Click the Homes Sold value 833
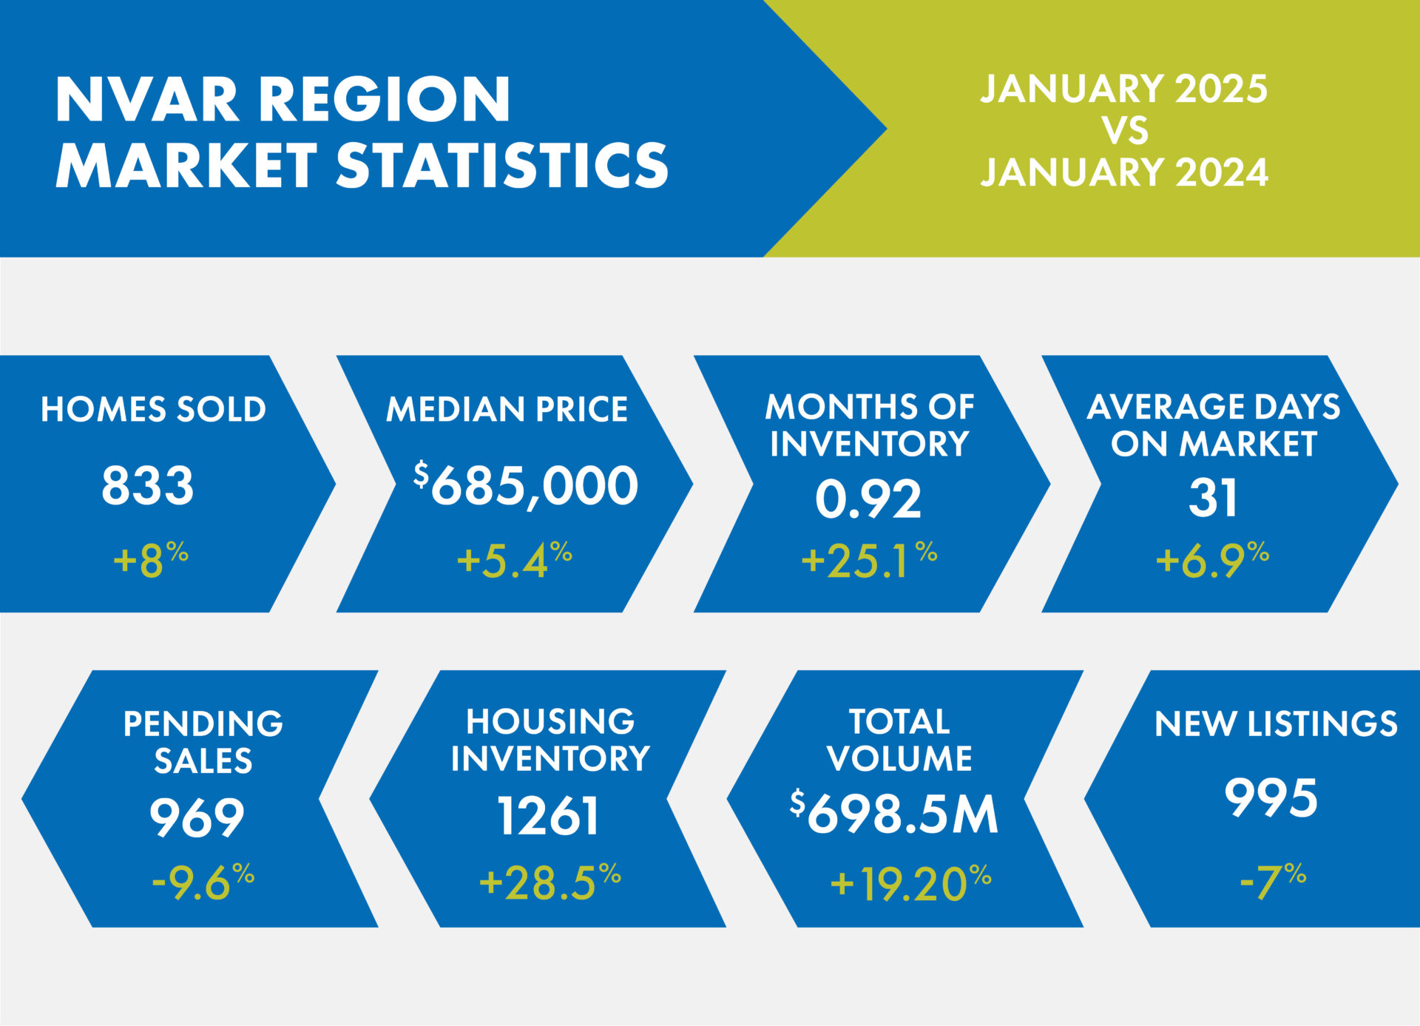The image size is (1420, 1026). (x=147, y=486)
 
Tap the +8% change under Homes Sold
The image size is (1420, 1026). (x=150, y=560)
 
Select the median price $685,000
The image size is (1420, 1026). (x=526, y=486)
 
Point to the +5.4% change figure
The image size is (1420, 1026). (x=514, y=560)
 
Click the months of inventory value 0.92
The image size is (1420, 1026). (x=868, y=499)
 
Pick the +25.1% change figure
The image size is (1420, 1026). (x=869, y=560)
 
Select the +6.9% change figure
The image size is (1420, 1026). (x=1212, y=560)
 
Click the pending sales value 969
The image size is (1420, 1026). (x=197, y=817)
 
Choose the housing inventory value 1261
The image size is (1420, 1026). (x=548, y=817)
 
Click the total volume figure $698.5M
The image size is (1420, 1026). (x=894, y=814)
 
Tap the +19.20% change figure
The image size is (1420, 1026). (x=910, y=883)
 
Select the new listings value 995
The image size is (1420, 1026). (x=1271, y=798)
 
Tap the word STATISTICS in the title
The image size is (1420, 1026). (x=502, y=164)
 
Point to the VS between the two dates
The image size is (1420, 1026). (x=1125, y=130)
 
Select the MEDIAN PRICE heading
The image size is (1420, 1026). (x=507, y=409)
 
